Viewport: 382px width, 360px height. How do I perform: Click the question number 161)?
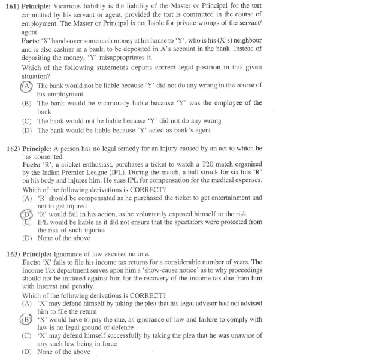(12, 5)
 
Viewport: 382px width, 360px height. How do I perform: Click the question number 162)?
(12, 148)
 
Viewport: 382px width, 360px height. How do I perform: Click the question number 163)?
(12, 254)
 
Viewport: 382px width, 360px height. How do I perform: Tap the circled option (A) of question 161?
(27, 86)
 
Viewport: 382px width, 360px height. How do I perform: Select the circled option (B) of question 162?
(27, 214)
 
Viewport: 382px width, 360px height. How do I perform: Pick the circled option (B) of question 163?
(27, 320)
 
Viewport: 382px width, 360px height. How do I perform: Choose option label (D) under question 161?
(27, 130)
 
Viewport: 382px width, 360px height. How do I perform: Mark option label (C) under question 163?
(27, 336)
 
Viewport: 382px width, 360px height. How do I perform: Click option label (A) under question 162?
(27, 198)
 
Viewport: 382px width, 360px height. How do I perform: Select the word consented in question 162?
(55, 156)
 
